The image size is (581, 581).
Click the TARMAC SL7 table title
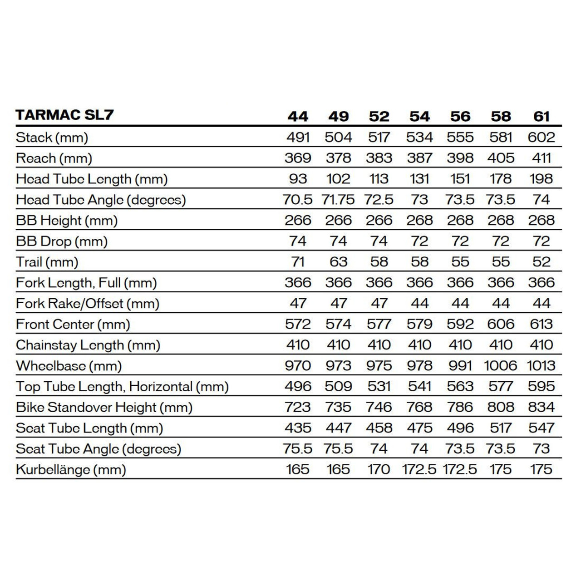pyautogui.click(x=64, y=115)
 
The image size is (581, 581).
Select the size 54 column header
pyautogui.click(x=419, y=116)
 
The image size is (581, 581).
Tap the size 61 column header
pyautogui.click(x=541, y=116)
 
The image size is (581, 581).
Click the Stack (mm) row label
pyautogui.click(x=52, y=137)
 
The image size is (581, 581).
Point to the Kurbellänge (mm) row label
pyautogui.click(x=71, y=469)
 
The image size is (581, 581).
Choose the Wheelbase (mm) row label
pyautogui.click(x=69, y=365)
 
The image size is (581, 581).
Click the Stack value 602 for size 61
pyautogui.click(x=541, y=137)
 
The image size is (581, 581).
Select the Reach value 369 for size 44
pyautogui.click(x=298, y=158)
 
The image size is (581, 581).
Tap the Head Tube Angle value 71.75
pyautogui.click(x=338, y=200)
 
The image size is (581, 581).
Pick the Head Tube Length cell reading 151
pyautogui.click(x=460, y=179)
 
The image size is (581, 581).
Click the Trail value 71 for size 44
pyautogui.click(x=298, y=262)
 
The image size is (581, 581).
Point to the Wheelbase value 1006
pyautogui.click(x=500, y=365)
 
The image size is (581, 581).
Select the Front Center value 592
pyautogui.click(x=460, y=324)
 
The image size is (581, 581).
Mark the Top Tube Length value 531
pyautogui.click(x=379, y=386)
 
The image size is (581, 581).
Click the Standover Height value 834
pyautogui.click(x=541, y=407)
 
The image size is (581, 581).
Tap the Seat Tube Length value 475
pyautogui.click(x=419, y=428)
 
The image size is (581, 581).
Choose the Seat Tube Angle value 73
pyautogui.click(x=541, y=448)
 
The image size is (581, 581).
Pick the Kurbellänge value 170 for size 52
pyautogui.click(x=379, y=469)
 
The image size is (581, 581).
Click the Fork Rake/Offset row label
pyautogui.click(x=88, y=303)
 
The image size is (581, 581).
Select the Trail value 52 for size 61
pyautogui.click(x=541, y=262)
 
